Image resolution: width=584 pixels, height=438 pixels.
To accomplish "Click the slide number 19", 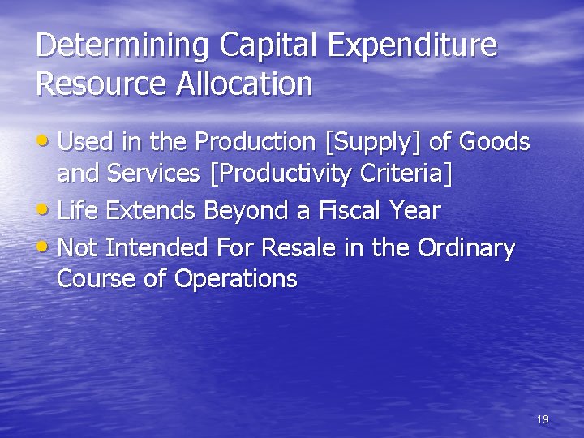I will click(x=543, y=419).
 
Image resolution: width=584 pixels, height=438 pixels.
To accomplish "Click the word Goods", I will click(x=494, y=142).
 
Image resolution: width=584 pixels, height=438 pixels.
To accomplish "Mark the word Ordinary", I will click(x=466, y=247).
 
